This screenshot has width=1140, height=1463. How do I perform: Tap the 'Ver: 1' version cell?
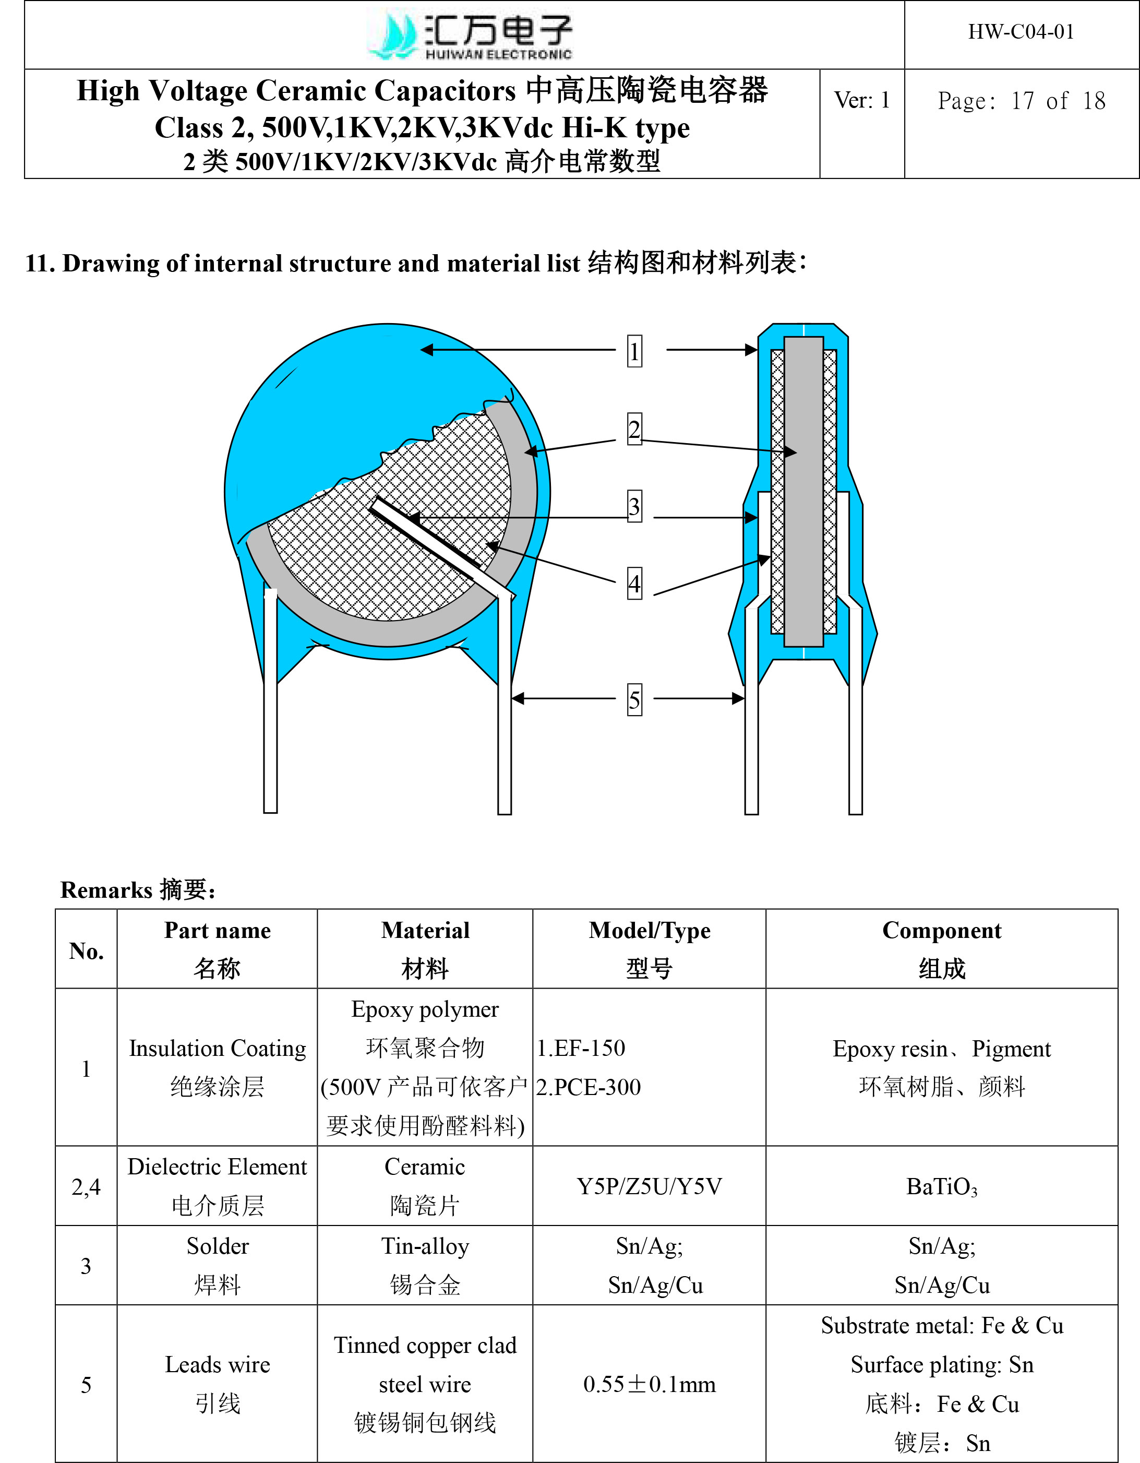pyautogui.click(x=861, y=101)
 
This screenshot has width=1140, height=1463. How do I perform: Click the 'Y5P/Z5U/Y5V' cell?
pyautogui.click(x=649, y=1187)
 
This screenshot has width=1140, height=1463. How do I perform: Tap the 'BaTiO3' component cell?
pyautogui.click(x=941, y=1187)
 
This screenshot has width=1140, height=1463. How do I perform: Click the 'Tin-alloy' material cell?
pyautogui.click(x=425, y=1246)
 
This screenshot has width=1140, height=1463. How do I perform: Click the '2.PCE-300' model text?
pyautogui.click(x=588, y=1087)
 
